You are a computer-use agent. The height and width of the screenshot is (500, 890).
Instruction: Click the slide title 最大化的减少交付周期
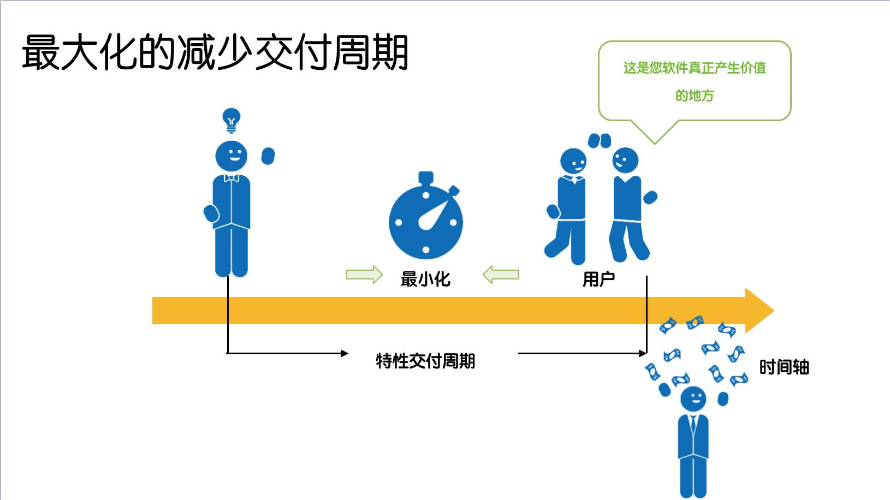pyautogui.click(x=215, y=52)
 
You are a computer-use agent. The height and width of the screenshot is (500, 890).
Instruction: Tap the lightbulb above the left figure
pyautogui.click(x=232, y=120)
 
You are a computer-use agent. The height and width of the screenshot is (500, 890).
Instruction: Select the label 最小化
pyautogui.click(x=425, y=279)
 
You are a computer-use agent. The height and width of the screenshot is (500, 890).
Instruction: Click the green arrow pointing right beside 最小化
pyautogui.click(x=364, y=275)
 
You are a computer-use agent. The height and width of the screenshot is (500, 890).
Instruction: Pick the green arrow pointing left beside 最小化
pyautogui.click(x=501, y=275)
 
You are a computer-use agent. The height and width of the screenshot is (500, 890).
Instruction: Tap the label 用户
pyautogui.click(x=598, y=279)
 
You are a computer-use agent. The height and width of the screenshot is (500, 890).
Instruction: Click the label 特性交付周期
pyautogui.click(x=425, y=361)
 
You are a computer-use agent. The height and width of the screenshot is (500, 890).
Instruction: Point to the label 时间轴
pyautogui.click(x=784, y=367)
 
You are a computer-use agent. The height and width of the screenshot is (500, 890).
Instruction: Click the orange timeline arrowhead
pyautogui.click(x=759, y=311)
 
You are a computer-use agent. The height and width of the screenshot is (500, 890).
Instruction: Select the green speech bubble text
pyautogui.click(x=695, y=68)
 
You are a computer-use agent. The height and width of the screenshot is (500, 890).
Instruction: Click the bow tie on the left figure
pyautogui.click(x=232, y=178)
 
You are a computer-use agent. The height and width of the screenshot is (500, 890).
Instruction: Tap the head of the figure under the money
pyautogui.click(x=693, y=398)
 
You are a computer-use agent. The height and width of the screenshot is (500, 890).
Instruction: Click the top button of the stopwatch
pyautogui.click(x=426, y=177)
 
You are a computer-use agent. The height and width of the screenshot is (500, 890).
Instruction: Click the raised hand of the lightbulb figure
pyautogui.click(x=268, y=156)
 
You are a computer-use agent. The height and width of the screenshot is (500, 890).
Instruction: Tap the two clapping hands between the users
pyautogui.click(x=600, y=141)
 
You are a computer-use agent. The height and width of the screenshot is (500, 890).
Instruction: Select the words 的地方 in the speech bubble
pyautogui.click(x=695, y=96)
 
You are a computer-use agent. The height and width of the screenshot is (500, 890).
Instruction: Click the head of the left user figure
pyautogui.click(x=573, y=161)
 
